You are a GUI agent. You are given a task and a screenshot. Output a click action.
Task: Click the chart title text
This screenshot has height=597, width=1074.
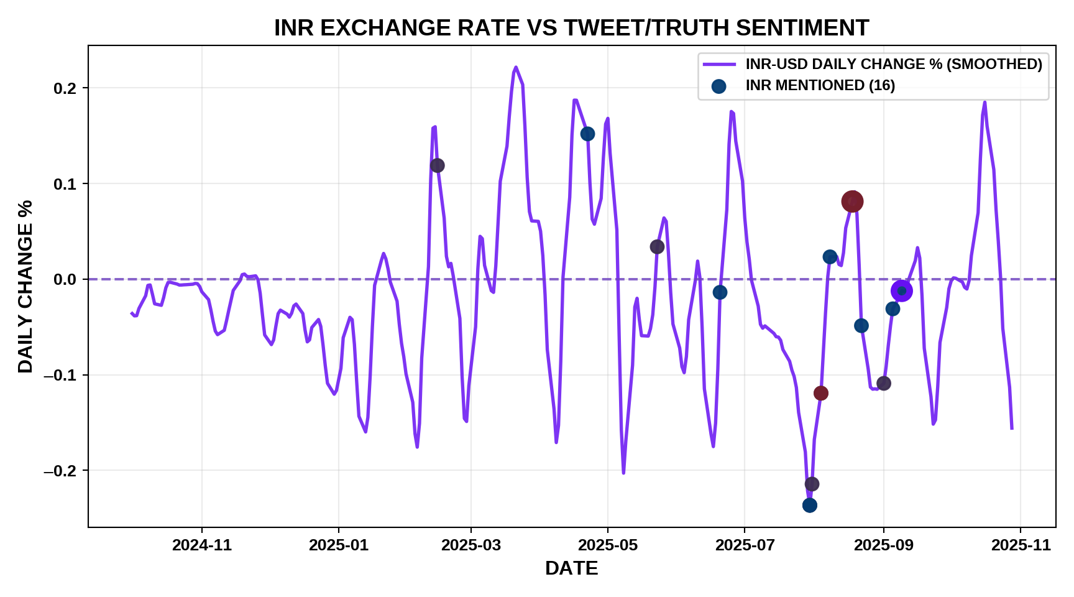571,28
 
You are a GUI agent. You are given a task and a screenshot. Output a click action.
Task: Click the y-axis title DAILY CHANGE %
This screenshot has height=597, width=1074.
25,286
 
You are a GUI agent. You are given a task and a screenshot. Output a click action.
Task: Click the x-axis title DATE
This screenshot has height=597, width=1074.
571,568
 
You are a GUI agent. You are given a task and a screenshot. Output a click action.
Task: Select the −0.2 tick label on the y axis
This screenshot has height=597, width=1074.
60,471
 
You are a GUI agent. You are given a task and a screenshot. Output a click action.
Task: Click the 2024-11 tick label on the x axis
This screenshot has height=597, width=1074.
202,545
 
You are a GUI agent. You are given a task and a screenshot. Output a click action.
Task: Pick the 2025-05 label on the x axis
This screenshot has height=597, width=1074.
608,545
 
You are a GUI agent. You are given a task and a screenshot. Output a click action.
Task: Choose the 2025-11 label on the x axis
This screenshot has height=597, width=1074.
1021,545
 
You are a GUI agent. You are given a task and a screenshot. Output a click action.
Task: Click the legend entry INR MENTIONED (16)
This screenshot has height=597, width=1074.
820,86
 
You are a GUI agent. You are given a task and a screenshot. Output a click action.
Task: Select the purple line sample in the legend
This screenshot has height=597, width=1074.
719,65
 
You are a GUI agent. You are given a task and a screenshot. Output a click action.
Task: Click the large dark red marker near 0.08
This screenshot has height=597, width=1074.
852,201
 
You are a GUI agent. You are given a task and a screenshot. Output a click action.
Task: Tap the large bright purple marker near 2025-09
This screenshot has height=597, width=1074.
901,290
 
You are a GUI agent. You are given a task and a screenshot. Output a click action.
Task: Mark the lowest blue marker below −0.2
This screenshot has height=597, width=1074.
809,505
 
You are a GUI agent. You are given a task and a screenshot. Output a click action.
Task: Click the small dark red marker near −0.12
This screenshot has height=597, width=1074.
821,393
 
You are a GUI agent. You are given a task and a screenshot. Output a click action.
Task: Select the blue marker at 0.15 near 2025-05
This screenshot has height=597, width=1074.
587,134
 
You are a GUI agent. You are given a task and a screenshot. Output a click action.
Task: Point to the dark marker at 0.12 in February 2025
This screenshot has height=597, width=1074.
437,165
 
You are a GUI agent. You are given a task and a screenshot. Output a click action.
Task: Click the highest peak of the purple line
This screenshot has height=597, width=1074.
516,67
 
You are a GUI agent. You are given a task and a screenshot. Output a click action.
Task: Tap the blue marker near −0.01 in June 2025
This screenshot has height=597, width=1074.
720,292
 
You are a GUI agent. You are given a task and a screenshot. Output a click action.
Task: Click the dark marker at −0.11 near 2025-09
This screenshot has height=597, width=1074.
883,383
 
